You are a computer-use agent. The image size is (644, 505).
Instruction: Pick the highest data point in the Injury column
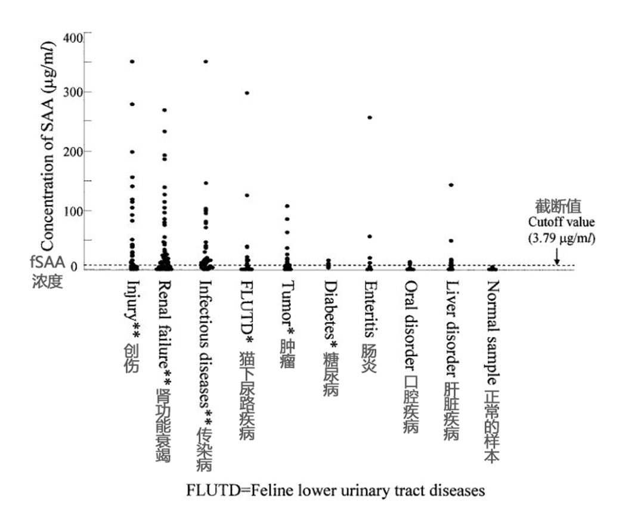point(132,61)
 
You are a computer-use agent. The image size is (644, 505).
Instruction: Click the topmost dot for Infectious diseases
point(206,61)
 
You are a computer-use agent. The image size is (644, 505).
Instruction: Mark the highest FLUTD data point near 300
point(247,93)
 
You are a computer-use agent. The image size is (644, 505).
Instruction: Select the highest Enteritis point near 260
point(370,117)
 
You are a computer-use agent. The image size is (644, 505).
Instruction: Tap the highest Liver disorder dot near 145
point(451,185)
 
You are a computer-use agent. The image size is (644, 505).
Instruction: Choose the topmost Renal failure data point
point(165,110)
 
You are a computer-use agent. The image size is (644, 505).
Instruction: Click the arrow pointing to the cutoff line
point(556,258)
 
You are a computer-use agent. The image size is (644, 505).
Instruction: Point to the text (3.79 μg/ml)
point(561,237)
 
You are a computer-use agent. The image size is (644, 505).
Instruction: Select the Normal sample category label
point(491,334)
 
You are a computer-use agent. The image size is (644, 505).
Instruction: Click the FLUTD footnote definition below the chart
point(336,491)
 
